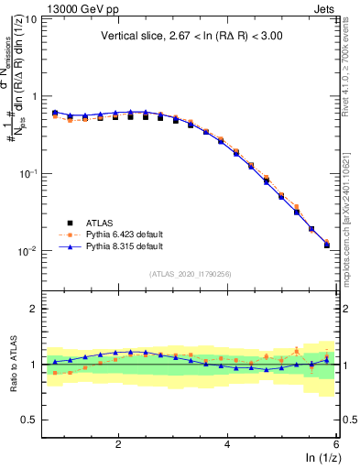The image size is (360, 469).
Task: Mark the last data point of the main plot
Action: click(x=327, y=245)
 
